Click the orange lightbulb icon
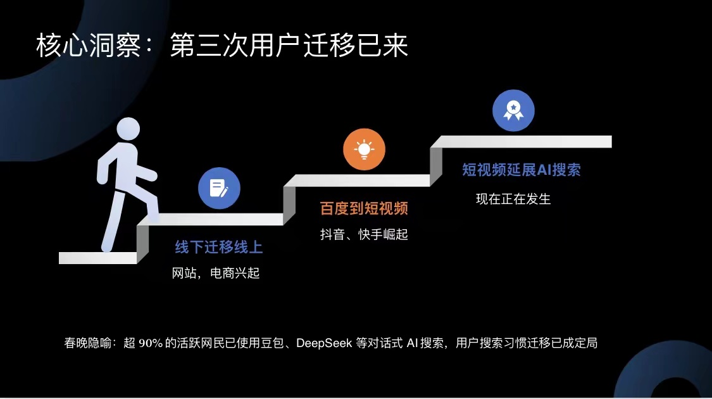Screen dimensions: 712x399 (364, 149)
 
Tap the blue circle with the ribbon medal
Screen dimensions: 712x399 (513, 110)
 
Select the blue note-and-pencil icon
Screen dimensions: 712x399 (220, 188)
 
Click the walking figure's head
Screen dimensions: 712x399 (128, 129)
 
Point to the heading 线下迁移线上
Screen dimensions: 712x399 (219, 247)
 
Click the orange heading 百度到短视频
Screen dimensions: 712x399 (364, 208)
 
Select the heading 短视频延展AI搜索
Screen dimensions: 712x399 (522, 170)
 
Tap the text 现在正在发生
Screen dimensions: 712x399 (513, 199)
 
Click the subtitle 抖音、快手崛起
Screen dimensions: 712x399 (364, 234)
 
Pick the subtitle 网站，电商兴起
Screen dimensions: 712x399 (216, 273)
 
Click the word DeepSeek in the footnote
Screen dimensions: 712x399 (324, 343)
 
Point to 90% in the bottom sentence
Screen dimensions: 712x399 (151, 343)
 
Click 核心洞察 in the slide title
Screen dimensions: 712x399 (89, 46)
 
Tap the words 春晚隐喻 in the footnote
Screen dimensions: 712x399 (87, 343)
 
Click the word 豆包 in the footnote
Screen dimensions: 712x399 (272, 343)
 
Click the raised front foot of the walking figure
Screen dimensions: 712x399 (153, 217)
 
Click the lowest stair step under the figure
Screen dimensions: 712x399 (97, 258)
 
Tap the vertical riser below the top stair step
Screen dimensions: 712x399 (436, 167)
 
